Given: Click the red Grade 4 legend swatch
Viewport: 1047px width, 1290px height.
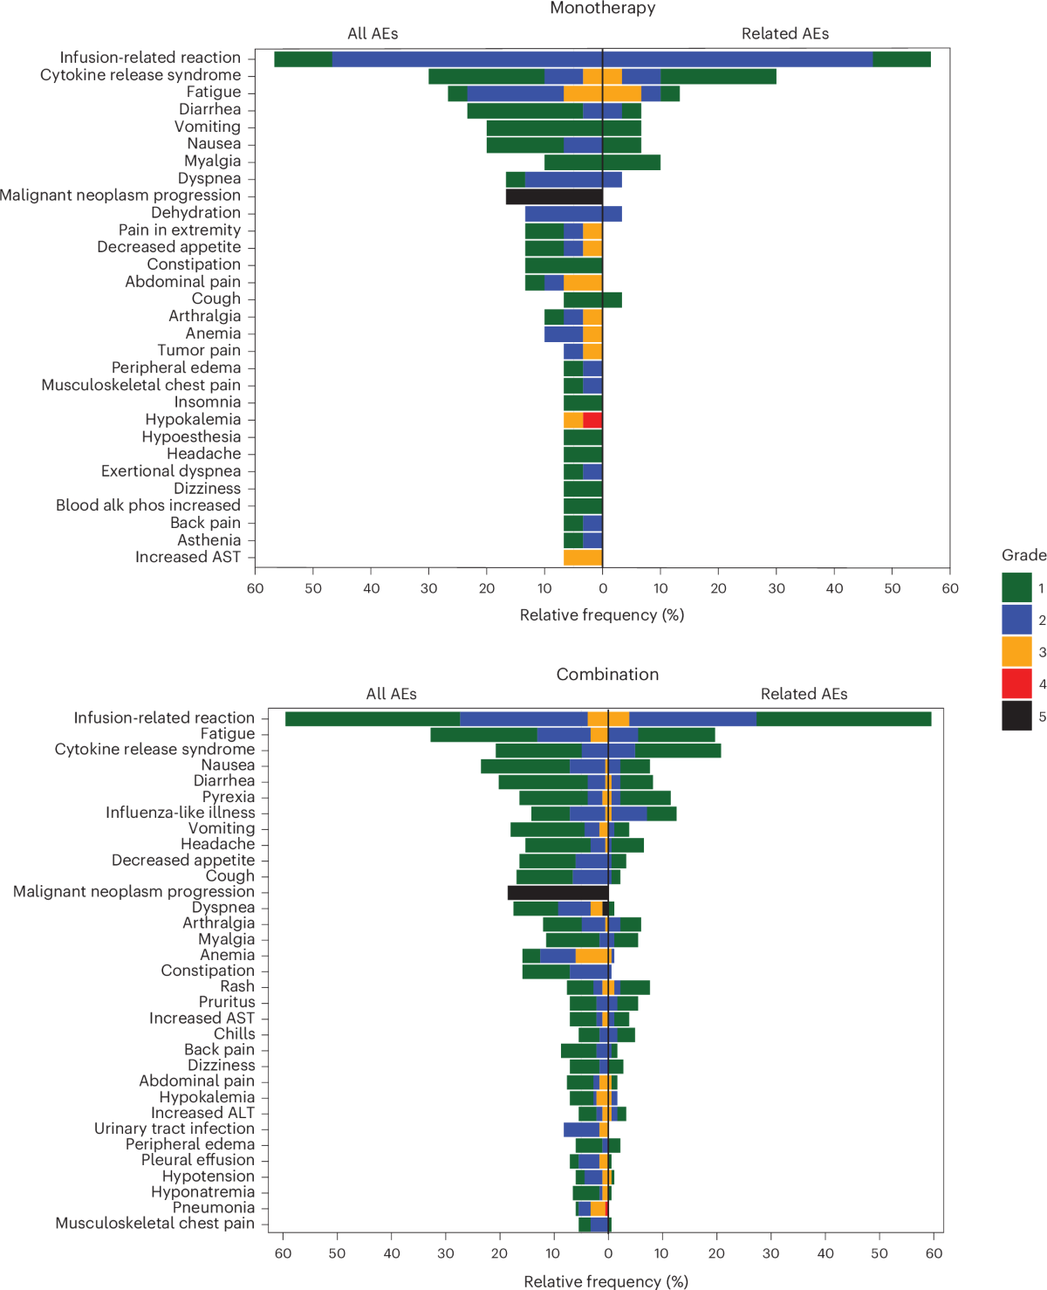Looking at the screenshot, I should [1016, 683].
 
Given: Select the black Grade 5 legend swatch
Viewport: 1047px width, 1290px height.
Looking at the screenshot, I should [1016, 716].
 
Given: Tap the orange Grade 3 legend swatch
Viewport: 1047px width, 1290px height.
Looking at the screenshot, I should [1016, 651].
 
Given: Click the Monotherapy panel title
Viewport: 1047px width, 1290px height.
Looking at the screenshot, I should [602, 9].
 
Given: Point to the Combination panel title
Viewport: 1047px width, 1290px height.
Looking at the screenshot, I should [607, 674].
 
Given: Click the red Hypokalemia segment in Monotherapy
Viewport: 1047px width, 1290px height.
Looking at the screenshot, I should [592, 420].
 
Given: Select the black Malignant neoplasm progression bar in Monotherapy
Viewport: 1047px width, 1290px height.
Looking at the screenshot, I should [554, 196].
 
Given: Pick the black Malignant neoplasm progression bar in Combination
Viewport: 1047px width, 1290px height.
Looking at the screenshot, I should [558, 892].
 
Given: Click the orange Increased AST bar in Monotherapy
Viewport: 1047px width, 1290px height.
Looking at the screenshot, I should [583, 558].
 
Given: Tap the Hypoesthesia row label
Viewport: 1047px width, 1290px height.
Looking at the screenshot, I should [191, 436].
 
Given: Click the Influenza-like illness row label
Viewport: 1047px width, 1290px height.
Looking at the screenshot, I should [180, 813].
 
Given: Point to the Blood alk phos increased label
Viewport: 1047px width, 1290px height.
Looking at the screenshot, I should [148, 505].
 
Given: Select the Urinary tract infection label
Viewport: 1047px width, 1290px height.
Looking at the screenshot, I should [174, 1129].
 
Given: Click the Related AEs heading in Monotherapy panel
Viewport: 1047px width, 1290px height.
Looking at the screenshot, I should [784, 34].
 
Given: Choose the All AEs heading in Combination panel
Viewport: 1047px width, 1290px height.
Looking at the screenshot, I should [391, 694].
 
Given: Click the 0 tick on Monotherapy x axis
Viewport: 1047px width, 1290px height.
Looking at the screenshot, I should [602, 588].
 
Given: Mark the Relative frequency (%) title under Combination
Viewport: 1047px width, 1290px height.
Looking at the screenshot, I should [606, 1280].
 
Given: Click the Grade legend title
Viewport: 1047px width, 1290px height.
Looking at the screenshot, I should [1023, 555].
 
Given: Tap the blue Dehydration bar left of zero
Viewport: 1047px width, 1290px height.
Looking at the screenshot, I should [564, 213].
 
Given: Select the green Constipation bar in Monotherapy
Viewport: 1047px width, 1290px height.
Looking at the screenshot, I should [564, 264].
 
